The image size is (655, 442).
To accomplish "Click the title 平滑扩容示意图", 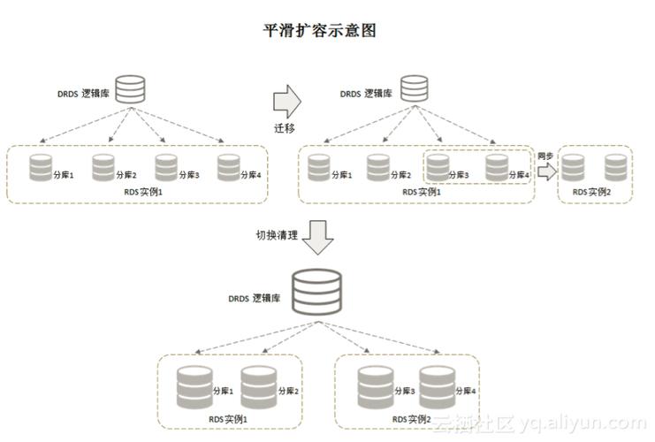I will (x=321, y=31).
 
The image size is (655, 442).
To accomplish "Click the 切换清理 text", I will (x=276, y=235).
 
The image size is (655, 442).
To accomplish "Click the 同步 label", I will (x=545, y=156).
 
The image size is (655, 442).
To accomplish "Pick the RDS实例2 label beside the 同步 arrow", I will (x=590, y=191).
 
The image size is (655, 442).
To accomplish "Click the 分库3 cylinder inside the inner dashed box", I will (x=438, y=167).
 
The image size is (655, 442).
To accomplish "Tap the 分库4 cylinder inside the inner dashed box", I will (x=497, y=167).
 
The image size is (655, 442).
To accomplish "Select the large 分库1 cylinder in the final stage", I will (x=194, y=385).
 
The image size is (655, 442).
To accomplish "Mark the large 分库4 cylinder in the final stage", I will (x=436, y=385).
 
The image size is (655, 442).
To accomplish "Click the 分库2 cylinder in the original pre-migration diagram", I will (x=103, y=167).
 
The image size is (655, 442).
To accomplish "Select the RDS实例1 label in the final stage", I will (x=228, y=418).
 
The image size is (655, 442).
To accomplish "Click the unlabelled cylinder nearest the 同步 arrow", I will (x=573, y=167).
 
